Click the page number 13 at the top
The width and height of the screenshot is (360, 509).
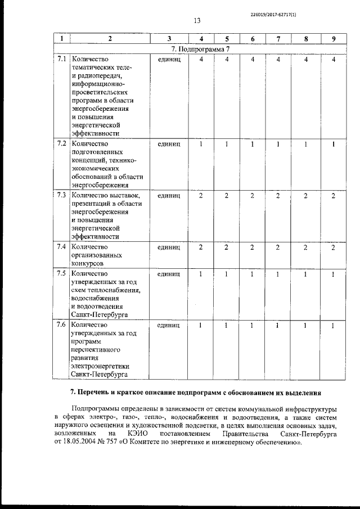point(197,21)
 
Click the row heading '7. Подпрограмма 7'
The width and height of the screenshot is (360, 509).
point(197,49)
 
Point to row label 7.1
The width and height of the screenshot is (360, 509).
point(62,59)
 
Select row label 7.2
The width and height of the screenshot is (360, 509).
point(62,143)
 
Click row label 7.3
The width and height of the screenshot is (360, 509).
point(62,195)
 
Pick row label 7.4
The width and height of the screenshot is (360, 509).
point(62,246)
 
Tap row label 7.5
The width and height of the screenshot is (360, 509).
point(62,273)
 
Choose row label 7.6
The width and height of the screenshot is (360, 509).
point(62,325)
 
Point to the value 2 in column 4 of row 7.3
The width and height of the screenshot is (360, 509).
point(201,195)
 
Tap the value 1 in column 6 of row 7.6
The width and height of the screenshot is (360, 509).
point(253,325)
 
